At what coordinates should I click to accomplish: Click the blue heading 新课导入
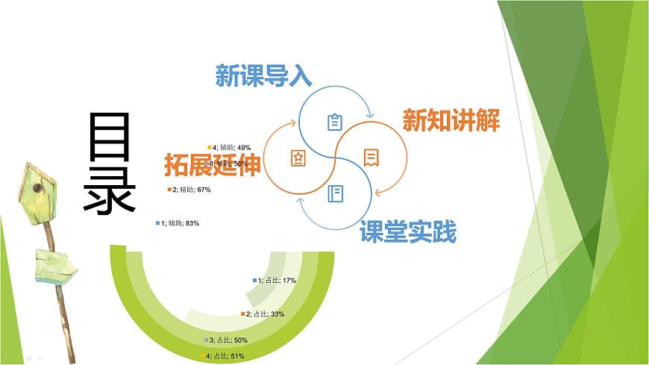click(x=263, y=76)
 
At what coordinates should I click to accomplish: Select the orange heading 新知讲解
click(x=451, y=121)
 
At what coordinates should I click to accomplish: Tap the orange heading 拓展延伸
click(x=213, y=165)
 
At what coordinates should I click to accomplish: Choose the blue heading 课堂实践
click(x=407, y=233)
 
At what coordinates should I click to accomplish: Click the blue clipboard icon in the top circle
click(x=335, y=122)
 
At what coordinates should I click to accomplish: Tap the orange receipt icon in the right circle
click(x=371, y=157)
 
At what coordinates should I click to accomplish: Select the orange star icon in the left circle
click(x=298, y=158)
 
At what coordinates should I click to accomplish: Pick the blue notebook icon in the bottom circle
click(x=335, y=194)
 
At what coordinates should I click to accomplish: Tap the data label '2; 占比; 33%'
click(x=265, y=314)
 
